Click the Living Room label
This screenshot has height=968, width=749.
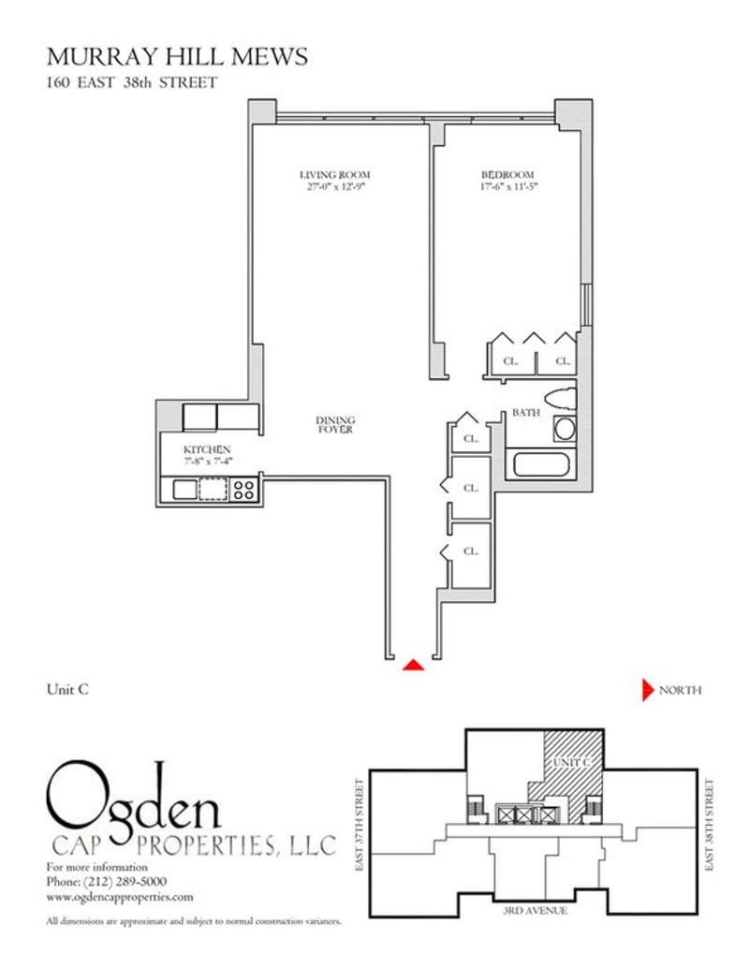(334, 175)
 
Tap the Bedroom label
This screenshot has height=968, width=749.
(507, 175)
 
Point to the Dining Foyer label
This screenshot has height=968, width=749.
(335, 425)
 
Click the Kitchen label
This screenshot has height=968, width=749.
(207, 449)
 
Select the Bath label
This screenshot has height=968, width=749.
(525, 413)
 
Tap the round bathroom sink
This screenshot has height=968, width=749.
(565, 429)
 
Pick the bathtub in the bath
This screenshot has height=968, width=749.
(541, 464)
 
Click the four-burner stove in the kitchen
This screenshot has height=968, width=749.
(243, 490)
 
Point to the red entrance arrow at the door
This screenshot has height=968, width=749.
(413, 665)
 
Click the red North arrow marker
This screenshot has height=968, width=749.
(647, 690)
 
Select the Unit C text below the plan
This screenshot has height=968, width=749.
(67, 689)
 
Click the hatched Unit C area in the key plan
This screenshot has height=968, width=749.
(571, 771)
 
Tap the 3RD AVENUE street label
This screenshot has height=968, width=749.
(535, 910)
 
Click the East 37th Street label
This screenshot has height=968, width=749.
(360, 825)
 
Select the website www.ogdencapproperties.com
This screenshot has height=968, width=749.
(120, 897)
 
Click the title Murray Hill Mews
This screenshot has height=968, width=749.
(177, 57)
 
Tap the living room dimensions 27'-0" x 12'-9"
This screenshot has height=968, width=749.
(336, 186)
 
